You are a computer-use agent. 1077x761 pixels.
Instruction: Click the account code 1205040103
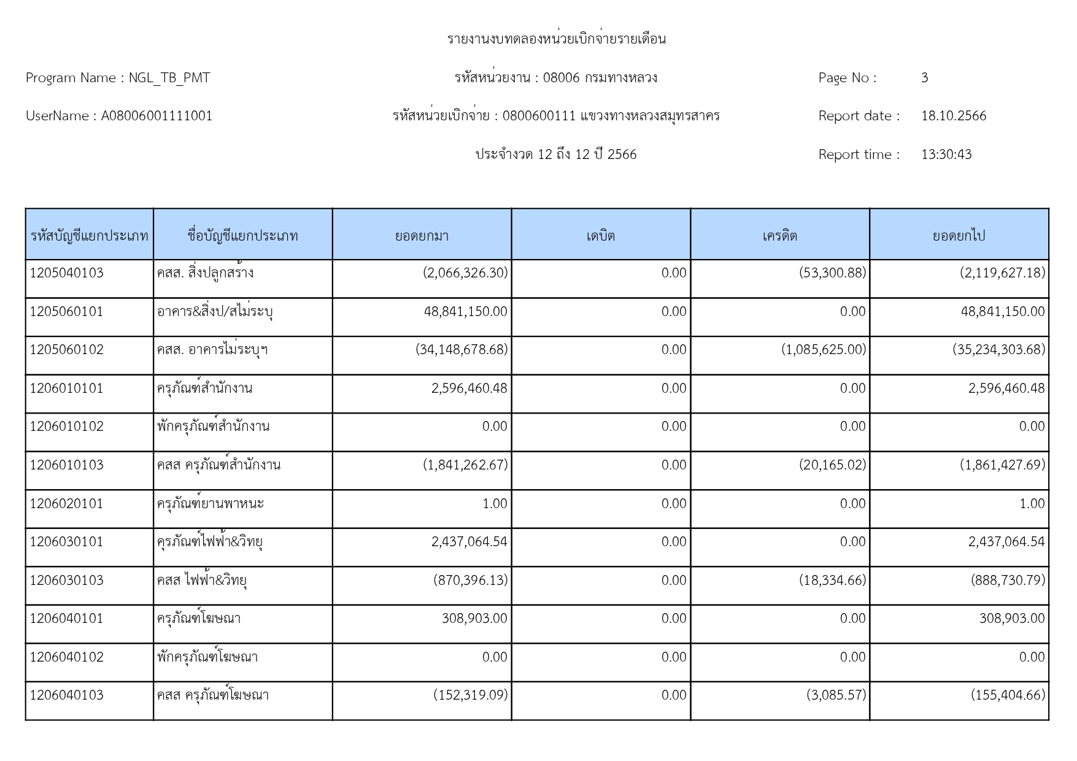[x=67, y=273]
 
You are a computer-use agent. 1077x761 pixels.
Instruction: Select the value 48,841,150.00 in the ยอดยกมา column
[x=465, y=312]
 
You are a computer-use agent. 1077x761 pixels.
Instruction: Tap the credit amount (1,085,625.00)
[x=824, y=350]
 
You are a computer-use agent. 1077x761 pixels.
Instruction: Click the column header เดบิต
[x=600, y=236]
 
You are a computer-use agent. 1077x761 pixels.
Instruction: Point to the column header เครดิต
[x=779, y=236]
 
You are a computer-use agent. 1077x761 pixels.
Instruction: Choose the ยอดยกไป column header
[x=959, y=236]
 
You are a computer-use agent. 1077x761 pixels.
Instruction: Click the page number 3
[x=924, y=78]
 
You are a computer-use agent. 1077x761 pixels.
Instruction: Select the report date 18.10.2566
[x=954, y=116]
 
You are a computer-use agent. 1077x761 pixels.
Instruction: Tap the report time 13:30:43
[x=946, y=155]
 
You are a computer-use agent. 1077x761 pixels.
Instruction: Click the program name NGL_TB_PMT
[x=169, y=78]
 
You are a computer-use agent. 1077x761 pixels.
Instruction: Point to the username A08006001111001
[x=156, y=116]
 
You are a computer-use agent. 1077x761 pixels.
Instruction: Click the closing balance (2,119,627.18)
[x=1002, y=273]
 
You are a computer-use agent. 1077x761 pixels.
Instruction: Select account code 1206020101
[x=67, y=504]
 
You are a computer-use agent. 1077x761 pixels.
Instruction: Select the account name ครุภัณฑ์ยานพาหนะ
[x=210, y=504]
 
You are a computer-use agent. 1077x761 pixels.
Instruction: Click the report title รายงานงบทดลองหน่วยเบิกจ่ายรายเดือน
[x=556, y=39]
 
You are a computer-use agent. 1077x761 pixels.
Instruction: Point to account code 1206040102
[x=67, y=657]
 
